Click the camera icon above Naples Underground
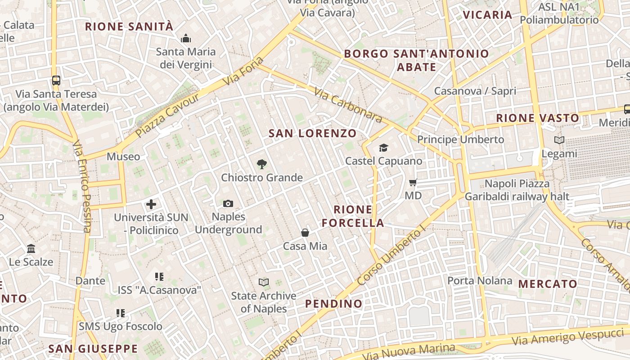(228, 203)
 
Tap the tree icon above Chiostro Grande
(261, 164)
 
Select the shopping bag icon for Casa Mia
(305, 233)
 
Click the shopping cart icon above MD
(413, 182)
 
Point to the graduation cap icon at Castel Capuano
(383, 148)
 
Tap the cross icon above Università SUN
(151, 204)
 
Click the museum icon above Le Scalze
(31, 248)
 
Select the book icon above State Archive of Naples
(264, 282)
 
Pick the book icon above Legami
(559, 140)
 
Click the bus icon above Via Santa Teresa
(56, 81)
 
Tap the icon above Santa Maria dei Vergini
(185, 39)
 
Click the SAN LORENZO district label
(312, 133)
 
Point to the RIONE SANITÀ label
(129, 27)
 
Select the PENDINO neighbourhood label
(334, 304)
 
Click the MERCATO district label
(548, 284)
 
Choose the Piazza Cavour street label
(167, 116)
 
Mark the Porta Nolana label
(480, 281)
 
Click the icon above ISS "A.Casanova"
(159, 277)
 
